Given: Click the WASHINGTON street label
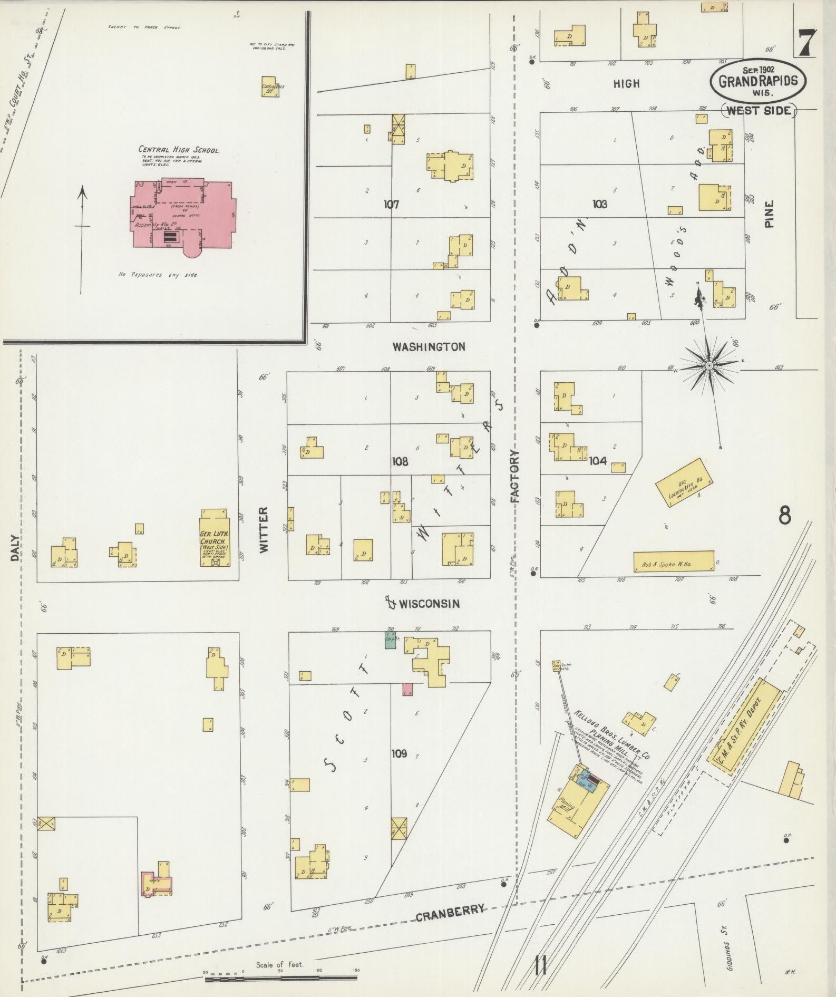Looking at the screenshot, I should [429, 347].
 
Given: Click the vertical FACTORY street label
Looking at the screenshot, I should [515, 476].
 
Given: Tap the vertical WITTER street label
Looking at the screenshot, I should [264, 529].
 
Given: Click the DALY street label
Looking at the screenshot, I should [14, 548].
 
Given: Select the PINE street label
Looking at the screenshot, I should [770, 214].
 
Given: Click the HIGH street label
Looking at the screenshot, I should [627, 83].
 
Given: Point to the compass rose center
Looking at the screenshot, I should [709, 365].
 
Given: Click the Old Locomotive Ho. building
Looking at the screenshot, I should [684, 483].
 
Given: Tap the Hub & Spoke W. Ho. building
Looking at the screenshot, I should [674, 561].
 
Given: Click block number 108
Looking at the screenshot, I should [400, 462].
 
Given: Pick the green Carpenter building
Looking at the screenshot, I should [390, 640].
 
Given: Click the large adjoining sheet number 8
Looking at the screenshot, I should [784, 515].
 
